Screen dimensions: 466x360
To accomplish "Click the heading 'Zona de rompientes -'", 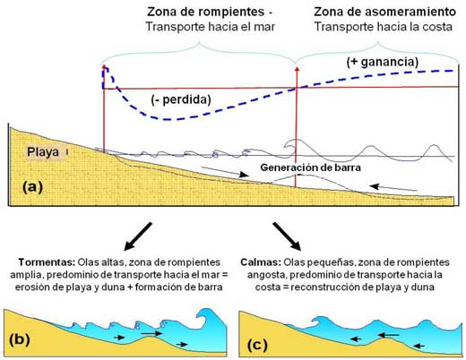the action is point(210,12).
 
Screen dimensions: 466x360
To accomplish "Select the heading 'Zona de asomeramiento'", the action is point(384,12).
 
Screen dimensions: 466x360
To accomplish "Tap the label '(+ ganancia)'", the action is point(383,62).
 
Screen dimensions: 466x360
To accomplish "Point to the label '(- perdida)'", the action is point(181,99).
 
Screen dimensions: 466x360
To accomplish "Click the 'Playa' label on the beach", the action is point(43,152).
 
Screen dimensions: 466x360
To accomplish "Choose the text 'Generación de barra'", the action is point(310,167).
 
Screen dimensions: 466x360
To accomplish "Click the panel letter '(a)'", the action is point(33,187).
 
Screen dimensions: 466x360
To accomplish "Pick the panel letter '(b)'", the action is point(20,339).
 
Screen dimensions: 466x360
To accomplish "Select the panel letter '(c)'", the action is point(257,345).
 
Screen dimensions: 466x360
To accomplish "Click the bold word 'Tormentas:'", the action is point(47,262).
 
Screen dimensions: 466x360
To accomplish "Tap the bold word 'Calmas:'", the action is point(261,262).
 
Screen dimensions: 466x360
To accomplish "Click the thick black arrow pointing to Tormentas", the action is point(138,236).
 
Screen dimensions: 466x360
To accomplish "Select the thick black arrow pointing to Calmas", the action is point(287,236).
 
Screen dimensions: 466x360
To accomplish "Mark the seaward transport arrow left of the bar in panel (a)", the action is point(225,172).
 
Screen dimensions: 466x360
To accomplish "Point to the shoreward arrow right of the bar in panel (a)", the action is point(393,188).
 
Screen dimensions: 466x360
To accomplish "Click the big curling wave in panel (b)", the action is point(209,321).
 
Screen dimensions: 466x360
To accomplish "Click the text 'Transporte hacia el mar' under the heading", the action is point(211,27).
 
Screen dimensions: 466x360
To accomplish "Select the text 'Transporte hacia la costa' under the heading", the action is point(384,27).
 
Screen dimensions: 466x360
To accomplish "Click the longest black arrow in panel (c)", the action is point(388,336).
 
